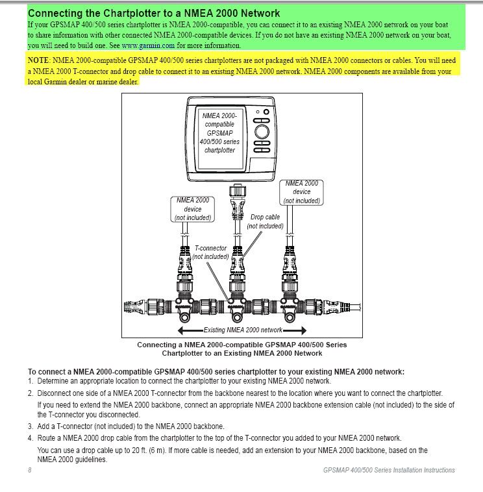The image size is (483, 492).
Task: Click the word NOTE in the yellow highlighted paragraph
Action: point(38,60)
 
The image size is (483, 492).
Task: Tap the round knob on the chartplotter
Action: point(262,131)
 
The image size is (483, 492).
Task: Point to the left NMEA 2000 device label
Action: point(193,209)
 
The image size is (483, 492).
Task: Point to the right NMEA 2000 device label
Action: point(302,192)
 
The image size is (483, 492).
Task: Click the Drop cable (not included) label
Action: point(265,222)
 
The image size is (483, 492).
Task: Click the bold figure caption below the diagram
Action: point(241,349)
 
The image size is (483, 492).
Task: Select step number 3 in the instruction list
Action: point(31,426)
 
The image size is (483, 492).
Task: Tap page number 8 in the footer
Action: point(30,470)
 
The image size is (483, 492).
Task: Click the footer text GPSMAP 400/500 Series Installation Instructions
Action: point(388,470)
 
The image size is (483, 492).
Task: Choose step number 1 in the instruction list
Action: point(31,381)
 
